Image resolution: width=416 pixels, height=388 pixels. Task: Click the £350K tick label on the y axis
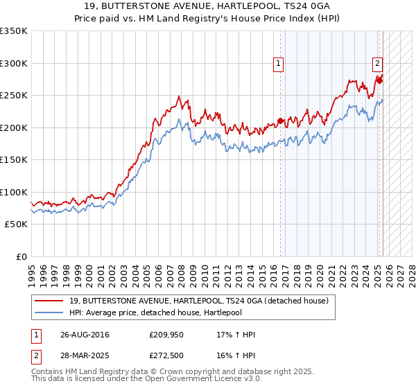(14, 31)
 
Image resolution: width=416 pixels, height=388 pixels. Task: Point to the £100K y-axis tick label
(14, 192)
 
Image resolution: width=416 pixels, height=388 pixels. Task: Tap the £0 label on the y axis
(21, 256)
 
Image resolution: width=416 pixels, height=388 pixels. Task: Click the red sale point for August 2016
(280, 121)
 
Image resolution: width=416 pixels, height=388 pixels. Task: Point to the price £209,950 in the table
(165, 335)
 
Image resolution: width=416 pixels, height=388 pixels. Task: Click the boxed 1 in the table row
(35, 335)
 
